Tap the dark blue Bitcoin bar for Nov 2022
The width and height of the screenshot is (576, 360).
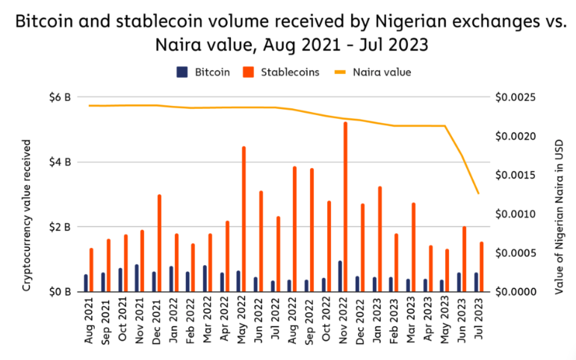(x=340, y=276)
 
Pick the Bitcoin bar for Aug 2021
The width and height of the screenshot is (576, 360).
(x=86, y=282)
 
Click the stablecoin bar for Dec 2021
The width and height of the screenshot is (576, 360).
(x=159, y=242)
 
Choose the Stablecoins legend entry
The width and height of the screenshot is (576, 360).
(x=286, y=72)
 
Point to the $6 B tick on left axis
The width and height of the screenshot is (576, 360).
(x=61, y=97)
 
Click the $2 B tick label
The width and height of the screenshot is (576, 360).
(x=61, y=226)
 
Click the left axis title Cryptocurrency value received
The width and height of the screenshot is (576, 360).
(x=27, y=194)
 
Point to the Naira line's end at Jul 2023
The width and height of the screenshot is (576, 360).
(x=478, y=193)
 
